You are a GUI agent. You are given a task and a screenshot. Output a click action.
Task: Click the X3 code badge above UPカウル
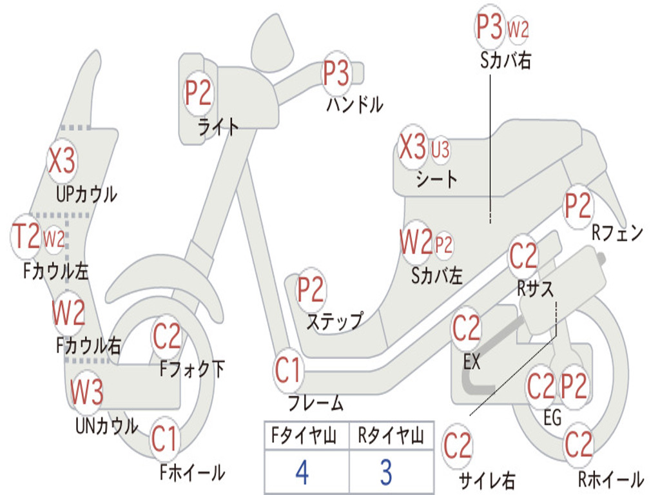point(62,160)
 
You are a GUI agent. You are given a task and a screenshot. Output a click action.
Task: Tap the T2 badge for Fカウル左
point(27,237)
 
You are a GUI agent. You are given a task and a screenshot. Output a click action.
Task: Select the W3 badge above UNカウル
point(86,391)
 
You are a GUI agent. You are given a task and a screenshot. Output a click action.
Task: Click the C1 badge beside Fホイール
point(164,440)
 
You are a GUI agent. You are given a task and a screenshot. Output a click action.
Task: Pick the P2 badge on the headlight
point(198,93)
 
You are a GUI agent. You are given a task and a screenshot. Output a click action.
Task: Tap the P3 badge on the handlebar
point(336,73)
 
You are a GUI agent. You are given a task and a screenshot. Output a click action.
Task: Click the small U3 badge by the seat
point(440,150)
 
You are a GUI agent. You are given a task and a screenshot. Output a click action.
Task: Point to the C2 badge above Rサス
point(523,257)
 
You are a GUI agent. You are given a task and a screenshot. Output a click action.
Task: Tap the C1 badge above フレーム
point(288,371)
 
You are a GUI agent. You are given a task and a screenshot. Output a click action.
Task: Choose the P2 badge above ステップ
point(311,290)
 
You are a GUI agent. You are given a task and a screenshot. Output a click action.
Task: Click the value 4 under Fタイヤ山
point(302,472)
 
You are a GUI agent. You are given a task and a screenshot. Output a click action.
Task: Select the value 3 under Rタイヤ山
point(385,472)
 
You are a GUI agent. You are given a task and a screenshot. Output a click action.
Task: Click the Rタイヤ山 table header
point(391,437)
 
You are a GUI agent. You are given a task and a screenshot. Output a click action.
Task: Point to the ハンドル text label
point(354,103)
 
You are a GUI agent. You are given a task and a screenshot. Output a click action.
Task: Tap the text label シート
point(436,179)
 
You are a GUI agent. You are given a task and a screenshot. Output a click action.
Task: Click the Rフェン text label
point(617,233)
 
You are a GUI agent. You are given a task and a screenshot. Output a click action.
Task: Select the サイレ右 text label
point(487,480)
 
